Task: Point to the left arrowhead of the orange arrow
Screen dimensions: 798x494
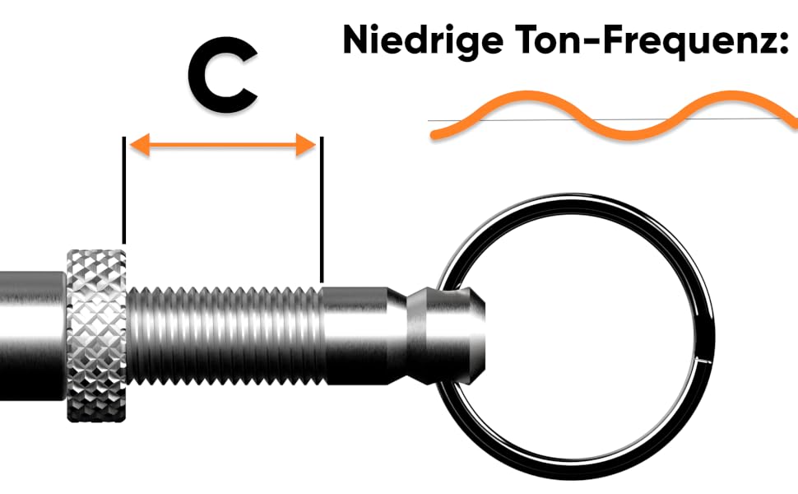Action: [x=137, y=146]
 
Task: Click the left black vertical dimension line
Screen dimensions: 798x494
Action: [x=124, y=189]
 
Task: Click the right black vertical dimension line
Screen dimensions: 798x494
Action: [x=322, y=210]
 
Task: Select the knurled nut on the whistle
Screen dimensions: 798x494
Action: [x=96, y=334]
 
